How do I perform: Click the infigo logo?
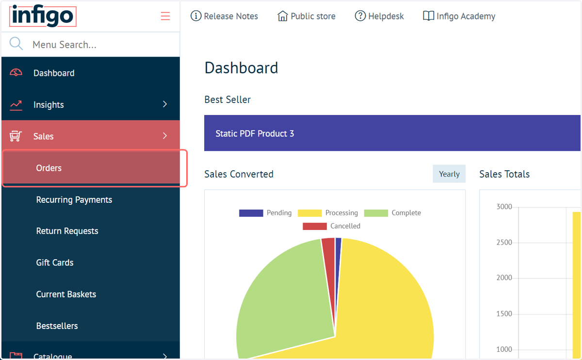pyautogui.click(x=43, y=16)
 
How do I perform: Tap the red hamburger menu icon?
pyautogui.click(x=165, y=16)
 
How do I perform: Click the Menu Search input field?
pyautogui.click(x=104, y=45)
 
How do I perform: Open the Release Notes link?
pyautogui.click(x=224, y=16)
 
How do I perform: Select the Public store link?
pyautogui.click(x=307, y=16)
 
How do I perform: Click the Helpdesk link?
pyautogui.click(x=379, y=16)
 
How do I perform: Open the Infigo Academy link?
pyautogui.click(x=459, y=16)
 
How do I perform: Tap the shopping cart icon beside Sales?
pyautogui.click(x=16, y=136)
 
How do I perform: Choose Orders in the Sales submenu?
pyautogui.click(x=49, y=168)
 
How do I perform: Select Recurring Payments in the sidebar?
pyautogui.click(x=74, y=199)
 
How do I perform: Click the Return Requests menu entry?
pyautogui.click(x=67, y=231)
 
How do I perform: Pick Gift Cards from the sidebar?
pyautogui.click(x=54, y=262)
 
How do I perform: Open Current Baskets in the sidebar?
pyautogui.click(x=66, y=294)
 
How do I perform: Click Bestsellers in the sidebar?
pyautogui.click(x=57, y=326)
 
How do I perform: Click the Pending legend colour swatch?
pyautogui.click(x=251, y=213)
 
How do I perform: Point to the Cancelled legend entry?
pyautogui.click(x=332, y=226)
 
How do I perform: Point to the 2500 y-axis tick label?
pyautogui.click(x=504, y=243)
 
